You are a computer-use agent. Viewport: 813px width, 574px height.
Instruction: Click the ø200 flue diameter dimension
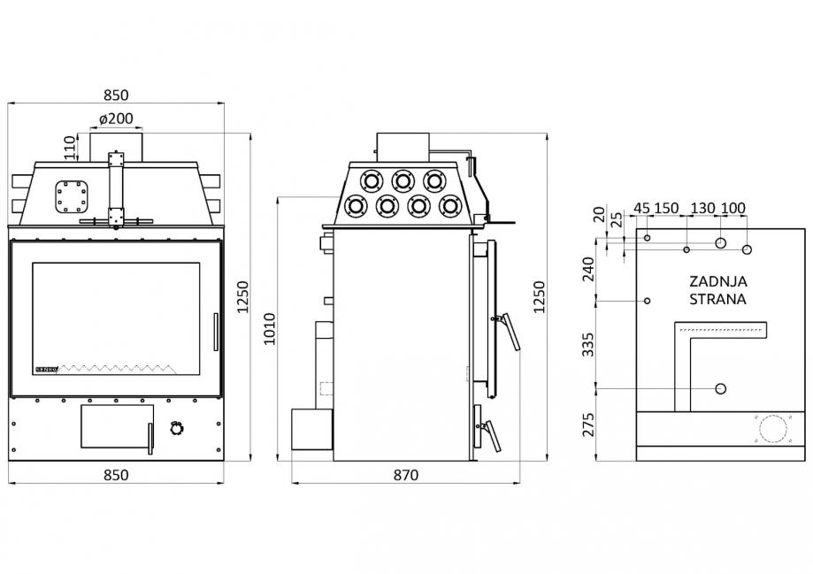tap(116, 119)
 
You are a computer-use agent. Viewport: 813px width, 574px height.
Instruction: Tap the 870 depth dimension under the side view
tap(405, 475)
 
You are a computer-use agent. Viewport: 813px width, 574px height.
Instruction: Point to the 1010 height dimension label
tap(270, 329)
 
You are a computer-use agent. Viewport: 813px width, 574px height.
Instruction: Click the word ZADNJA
tap(718, 281)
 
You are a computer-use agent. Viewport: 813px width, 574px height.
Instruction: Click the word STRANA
tap(717, 299)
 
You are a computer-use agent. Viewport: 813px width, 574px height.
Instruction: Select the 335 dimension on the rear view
tap(588, 345)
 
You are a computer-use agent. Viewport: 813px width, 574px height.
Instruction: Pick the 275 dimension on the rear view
tap(588, 425)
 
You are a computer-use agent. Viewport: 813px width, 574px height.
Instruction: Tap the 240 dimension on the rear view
tap(588, 269)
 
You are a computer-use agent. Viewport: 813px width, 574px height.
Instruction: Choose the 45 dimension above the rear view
tap(642, 208)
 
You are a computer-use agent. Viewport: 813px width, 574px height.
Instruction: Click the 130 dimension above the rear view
tap(703, 208)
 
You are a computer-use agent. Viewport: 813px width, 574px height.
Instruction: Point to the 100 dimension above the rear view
tap(733, 208)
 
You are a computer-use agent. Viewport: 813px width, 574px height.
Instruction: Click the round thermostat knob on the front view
tap(177, 429)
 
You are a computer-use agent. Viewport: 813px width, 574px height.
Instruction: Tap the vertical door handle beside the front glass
tap(216, 332)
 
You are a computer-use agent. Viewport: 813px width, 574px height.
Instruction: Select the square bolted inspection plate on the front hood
tap(72, 196)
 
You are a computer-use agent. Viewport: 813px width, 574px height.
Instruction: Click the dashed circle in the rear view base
tap(773, 429)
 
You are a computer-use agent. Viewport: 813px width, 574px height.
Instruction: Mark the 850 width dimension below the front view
tap(116, 475)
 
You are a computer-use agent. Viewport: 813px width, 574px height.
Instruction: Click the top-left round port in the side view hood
tap(371, 180)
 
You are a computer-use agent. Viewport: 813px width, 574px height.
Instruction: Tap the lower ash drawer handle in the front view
tap(150, 439)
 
